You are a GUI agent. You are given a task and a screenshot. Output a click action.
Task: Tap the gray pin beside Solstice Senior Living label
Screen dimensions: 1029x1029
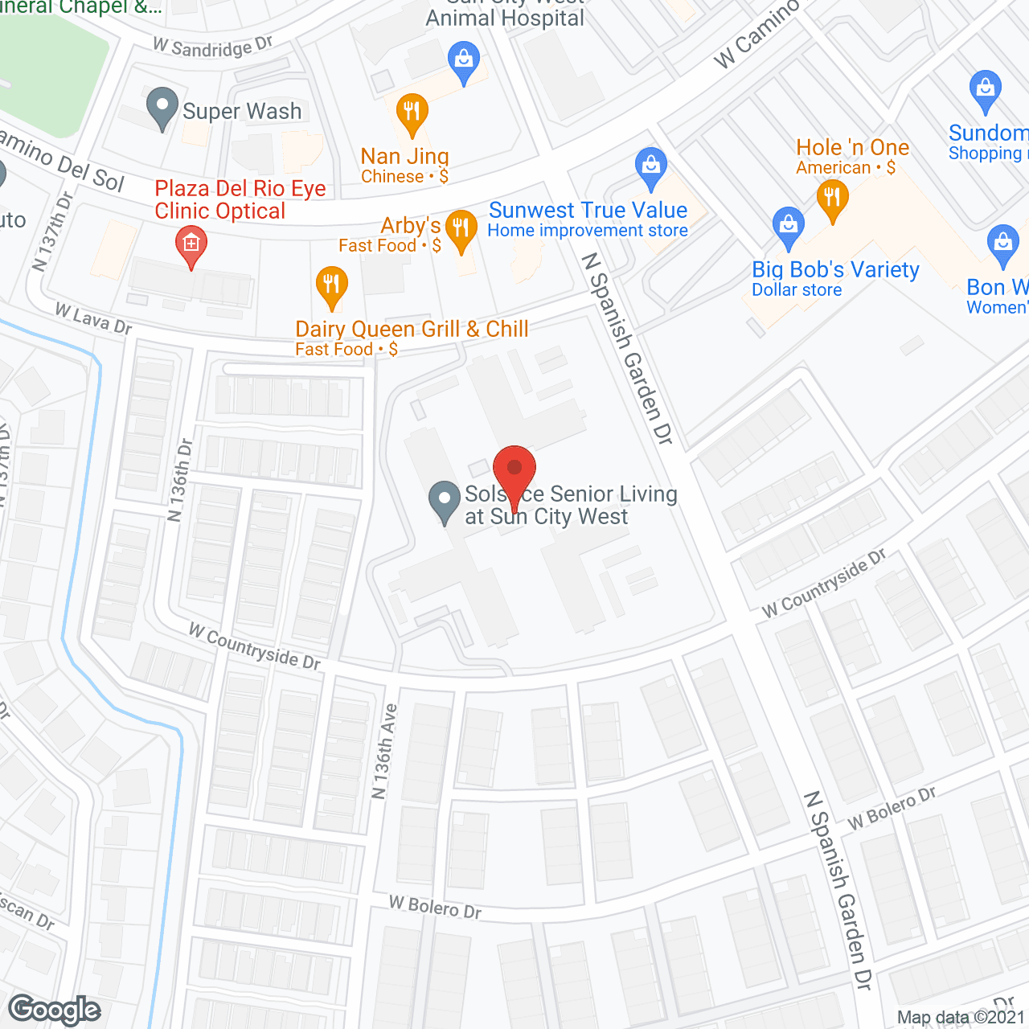pos(445,500)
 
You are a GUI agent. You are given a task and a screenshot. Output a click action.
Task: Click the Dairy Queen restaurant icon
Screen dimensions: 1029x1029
pos(331,285)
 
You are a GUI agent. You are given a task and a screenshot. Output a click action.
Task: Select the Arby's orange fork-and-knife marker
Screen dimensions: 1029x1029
pos(461,229)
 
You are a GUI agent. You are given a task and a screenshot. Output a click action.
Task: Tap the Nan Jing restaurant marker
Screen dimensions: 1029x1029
pos(412,113)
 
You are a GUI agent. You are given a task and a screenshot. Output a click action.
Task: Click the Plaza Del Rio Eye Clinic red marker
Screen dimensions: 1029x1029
pos(191,244)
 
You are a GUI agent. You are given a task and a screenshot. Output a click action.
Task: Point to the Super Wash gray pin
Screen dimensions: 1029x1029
pos(162,107)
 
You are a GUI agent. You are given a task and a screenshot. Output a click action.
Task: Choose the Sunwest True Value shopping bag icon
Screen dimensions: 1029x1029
pos(651,167)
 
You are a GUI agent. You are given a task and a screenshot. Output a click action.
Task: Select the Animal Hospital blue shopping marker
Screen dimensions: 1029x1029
pos(464,62)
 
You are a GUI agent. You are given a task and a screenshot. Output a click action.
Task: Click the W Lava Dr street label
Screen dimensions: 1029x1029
pos(93,318)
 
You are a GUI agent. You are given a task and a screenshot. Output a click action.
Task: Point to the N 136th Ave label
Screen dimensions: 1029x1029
pos(384,752)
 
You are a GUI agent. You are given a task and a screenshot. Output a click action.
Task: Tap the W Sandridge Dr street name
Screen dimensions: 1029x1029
pos(213,47)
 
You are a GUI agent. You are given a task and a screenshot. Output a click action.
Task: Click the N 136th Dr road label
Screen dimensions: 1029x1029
pos(181,480)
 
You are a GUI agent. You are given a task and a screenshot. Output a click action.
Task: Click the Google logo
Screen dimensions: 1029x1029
pos(55,1010)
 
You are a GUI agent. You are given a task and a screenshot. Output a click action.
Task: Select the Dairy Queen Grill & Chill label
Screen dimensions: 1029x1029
pos(412,329)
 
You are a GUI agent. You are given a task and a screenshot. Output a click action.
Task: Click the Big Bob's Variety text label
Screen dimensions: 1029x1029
pos(835,270)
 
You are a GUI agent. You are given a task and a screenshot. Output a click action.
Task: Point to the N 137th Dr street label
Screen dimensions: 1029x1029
pos(53,231)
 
